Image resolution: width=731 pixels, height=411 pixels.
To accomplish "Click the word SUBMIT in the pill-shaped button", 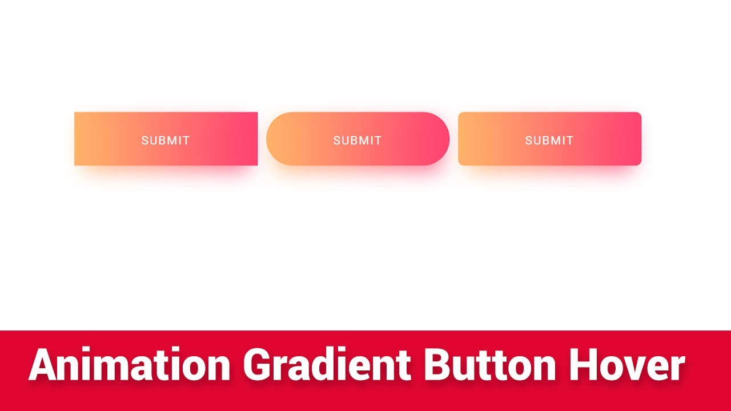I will [358, 140].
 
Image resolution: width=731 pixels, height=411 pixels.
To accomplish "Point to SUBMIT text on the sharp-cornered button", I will [166, 140].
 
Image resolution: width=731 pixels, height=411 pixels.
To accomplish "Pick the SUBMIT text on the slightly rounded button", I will [549, 140].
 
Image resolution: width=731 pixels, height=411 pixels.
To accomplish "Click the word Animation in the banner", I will [130, 365].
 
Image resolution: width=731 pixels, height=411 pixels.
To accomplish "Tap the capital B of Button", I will [436, 365].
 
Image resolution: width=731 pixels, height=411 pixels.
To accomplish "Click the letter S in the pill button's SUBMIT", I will [337, 140].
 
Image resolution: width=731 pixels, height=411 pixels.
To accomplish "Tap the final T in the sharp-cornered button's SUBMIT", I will [186, 140].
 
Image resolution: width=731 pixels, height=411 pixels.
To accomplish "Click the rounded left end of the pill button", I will [277, 139].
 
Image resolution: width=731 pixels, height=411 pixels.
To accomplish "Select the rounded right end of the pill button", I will [439, 139].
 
